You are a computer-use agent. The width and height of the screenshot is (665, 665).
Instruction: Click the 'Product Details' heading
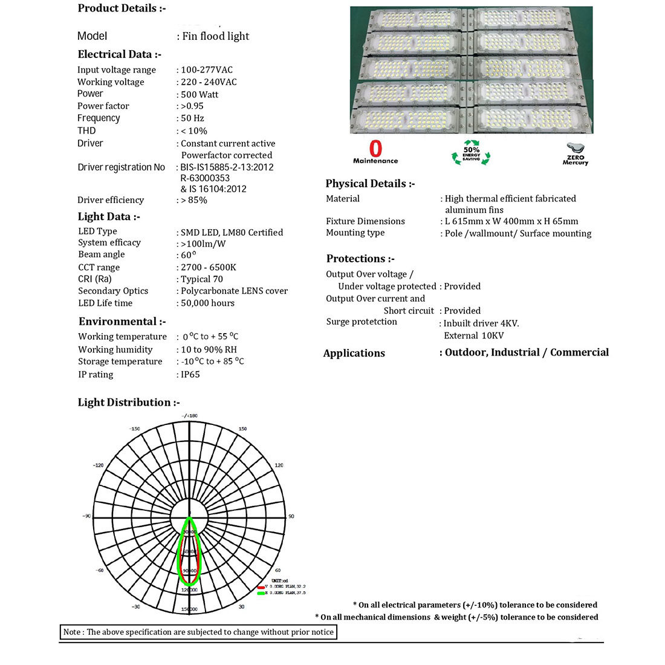pos(122,8)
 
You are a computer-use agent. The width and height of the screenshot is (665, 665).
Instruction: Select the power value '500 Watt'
pos(199,94)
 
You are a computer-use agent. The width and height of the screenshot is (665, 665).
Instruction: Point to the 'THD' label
pos(86,131)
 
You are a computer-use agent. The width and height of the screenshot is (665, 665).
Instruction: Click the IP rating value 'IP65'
pos(190,374)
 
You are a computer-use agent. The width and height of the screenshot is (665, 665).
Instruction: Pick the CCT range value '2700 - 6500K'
pos(209,267)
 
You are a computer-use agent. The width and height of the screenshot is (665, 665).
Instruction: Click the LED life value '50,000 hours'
pos(207,303)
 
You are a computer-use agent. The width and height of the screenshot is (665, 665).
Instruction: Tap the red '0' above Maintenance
pos(375,148)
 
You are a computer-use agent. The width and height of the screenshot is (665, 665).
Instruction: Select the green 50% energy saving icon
pos(471,154)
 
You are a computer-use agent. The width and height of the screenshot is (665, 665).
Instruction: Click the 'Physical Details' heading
pos(370,184)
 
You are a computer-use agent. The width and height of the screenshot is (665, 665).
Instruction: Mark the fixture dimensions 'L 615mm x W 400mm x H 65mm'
pos(511,221)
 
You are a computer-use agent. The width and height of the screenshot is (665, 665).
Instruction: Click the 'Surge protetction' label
pos(362,322)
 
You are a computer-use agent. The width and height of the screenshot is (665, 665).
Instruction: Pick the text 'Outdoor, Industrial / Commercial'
pos(527,352)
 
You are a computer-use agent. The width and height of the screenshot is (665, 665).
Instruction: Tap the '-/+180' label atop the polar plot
pos(190,416)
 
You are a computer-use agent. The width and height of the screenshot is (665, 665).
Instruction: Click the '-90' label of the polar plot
pos(86,516)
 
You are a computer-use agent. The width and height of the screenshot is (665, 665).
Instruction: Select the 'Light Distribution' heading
pos(129,403)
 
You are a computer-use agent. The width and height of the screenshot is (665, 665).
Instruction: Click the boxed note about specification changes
pos(198,632)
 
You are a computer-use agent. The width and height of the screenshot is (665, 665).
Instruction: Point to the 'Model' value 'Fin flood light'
pos(215,36)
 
